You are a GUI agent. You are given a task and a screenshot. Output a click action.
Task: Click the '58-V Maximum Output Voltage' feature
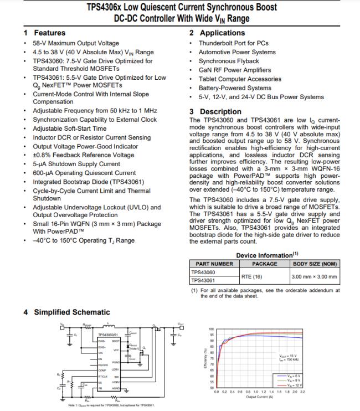[76, 43]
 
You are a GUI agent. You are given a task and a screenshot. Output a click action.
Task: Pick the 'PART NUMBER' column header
[211, 264]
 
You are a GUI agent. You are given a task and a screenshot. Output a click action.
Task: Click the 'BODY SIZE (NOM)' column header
[315, 264]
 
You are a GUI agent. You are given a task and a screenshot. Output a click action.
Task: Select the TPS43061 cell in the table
[203, 280]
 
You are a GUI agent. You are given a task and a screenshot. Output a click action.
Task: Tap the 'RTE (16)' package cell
[252, 276]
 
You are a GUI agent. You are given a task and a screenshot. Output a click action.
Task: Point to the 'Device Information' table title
[264, 255]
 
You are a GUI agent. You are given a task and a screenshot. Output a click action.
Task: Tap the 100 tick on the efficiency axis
[211, 329]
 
